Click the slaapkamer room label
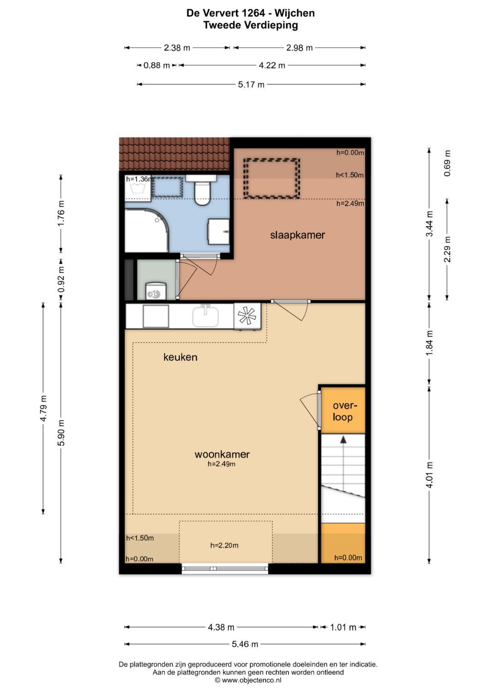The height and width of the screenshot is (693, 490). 297,235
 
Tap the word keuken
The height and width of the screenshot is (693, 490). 181,357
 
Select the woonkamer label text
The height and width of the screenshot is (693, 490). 222,454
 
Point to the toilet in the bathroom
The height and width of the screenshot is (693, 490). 202,189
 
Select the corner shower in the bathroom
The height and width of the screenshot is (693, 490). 147,230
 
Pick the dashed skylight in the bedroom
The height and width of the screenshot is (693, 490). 272,178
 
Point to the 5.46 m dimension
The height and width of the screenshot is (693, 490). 245,644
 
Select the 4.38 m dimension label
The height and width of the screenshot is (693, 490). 221,627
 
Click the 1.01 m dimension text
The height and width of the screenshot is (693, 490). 343,627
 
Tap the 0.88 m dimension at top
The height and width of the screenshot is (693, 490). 157,65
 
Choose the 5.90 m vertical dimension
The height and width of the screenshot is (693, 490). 61,433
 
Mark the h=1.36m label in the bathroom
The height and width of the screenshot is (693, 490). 140,179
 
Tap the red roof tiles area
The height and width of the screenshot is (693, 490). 174,154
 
